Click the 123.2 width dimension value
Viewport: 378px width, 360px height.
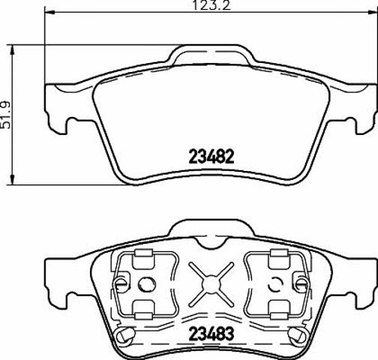pyautogui.click(x=211, y=5)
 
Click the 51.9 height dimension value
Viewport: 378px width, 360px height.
pyautogui.click(x=5, y=115)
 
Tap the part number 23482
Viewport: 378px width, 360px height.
pyautogui.click(x=211, y=157)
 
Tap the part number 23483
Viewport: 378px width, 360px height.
pyautogui.click(x=211, y=334)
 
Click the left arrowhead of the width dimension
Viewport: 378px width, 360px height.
pyautogui.click(x=49, y=12)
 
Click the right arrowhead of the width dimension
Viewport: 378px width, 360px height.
pyautogui.click(x=373, y=12)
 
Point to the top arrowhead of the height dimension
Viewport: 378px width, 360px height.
pyautogui.click(x=12, y=50)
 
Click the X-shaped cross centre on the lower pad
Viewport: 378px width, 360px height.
pyautogui.click(x=211, y=285)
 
